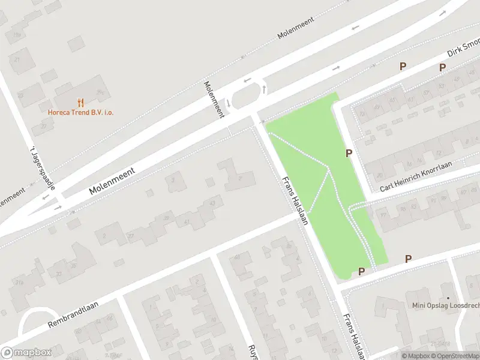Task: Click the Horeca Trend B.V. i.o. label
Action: (81, 112)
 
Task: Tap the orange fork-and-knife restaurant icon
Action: (81, 103)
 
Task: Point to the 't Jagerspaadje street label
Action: (42, 169)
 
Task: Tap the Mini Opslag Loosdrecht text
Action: (446, 305)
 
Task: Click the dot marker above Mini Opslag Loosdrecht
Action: (448, 297)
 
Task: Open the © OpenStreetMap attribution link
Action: (458, 356)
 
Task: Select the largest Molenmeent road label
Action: (112, 180)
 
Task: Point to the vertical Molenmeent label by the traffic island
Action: (214, 99)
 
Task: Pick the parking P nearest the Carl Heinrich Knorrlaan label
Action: (349, 154)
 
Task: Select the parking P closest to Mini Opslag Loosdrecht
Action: (408, 259)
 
